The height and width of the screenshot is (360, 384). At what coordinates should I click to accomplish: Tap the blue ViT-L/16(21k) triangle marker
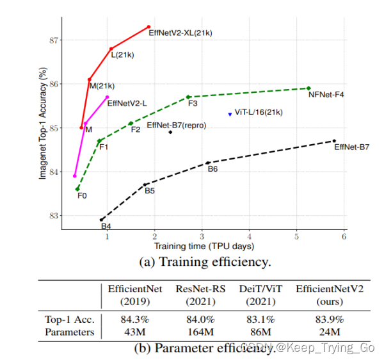230,114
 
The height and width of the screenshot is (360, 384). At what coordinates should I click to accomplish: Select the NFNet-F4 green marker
308,88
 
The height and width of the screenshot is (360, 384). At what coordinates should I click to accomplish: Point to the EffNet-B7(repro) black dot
170,132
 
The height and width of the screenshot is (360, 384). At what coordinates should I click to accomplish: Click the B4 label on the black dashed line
106,226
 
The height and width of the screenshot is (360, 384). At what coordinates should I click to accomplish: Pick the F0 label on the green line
82,195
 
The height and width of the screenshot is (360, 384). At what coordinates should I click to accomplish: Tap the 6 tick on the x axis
344,237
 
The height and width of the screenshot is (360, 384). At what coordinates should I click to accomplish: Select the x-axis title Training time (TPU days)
204,246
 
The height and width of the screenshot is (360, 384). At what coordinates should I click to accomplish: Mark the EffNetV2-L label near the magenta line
127,102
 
